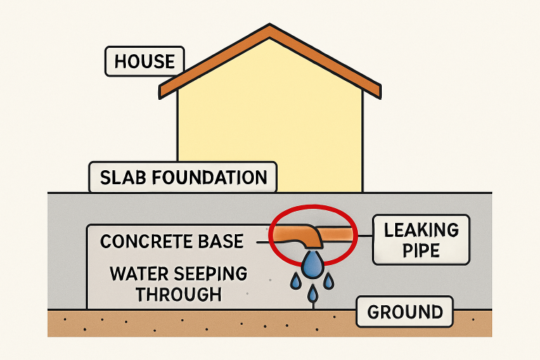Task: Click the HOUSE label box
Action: (x=144, y=61)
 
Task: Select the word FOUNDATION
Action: (x=211, y=177)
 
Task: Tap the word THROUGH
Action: (x=179, y=294)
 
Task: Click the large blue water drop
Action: (x=313, y=264)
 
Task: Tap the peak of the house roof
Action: (x=270, y=28)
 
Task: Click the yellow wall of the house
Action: (x=270, y=120)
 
